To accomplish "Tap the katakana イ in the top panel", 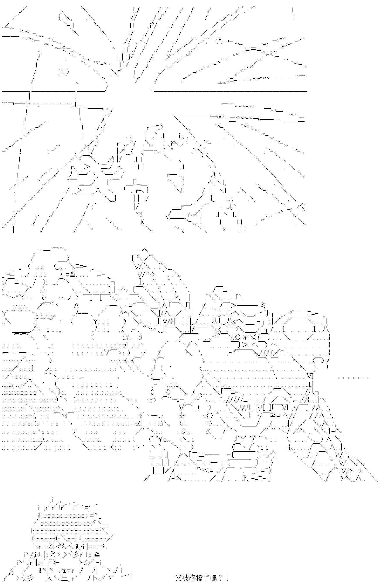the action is pos(104,127).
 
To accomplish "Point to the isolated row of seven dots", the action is pos(354,378).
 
